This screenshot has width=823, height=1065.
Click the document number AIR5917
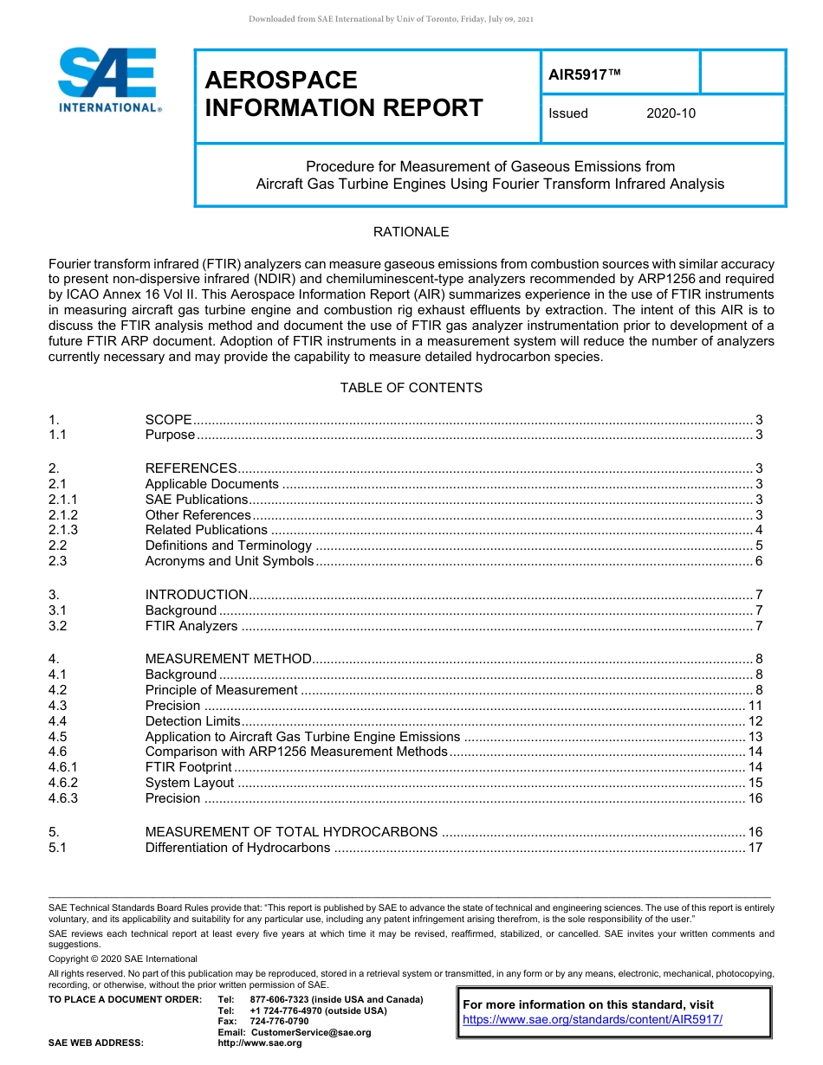[585, 74]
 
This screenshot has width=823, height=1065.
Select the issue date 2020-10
[671, 113]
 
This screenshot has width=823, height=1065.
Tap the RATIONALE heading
[411, 232]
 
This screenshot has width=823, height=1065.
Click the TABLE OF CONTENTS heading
[411, 388]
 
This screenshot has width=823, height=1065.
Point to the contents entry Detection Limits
[191, 721]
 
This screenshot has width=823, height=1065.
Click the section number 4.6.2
[63, 783]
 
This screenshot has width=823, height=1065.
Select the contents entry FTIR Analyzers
[191, 626]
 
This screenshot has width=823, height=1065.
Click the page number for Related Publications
[758, 530]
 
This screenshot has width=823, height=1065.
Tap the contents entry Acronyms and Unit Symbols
[229, 561]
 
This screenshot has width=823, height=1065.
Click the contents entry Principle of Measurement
[221, 690]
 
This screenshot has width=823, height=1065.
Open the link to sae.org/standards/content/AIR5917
[593, 1020]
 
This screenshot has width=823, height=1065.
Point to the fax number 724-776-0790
[279, 1022]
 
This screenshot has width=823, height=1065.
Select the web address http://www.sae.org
[260, 1043]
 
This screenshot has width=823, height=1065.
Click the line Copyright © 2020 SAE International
[123, 958]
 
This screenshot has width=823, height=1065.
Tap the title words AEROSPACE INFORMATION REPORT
[343, 94]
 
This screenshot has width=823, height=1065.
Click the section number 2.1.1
[63, 500]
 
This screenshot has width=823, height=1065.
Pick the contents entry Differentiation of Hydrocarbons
[237, 848]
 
